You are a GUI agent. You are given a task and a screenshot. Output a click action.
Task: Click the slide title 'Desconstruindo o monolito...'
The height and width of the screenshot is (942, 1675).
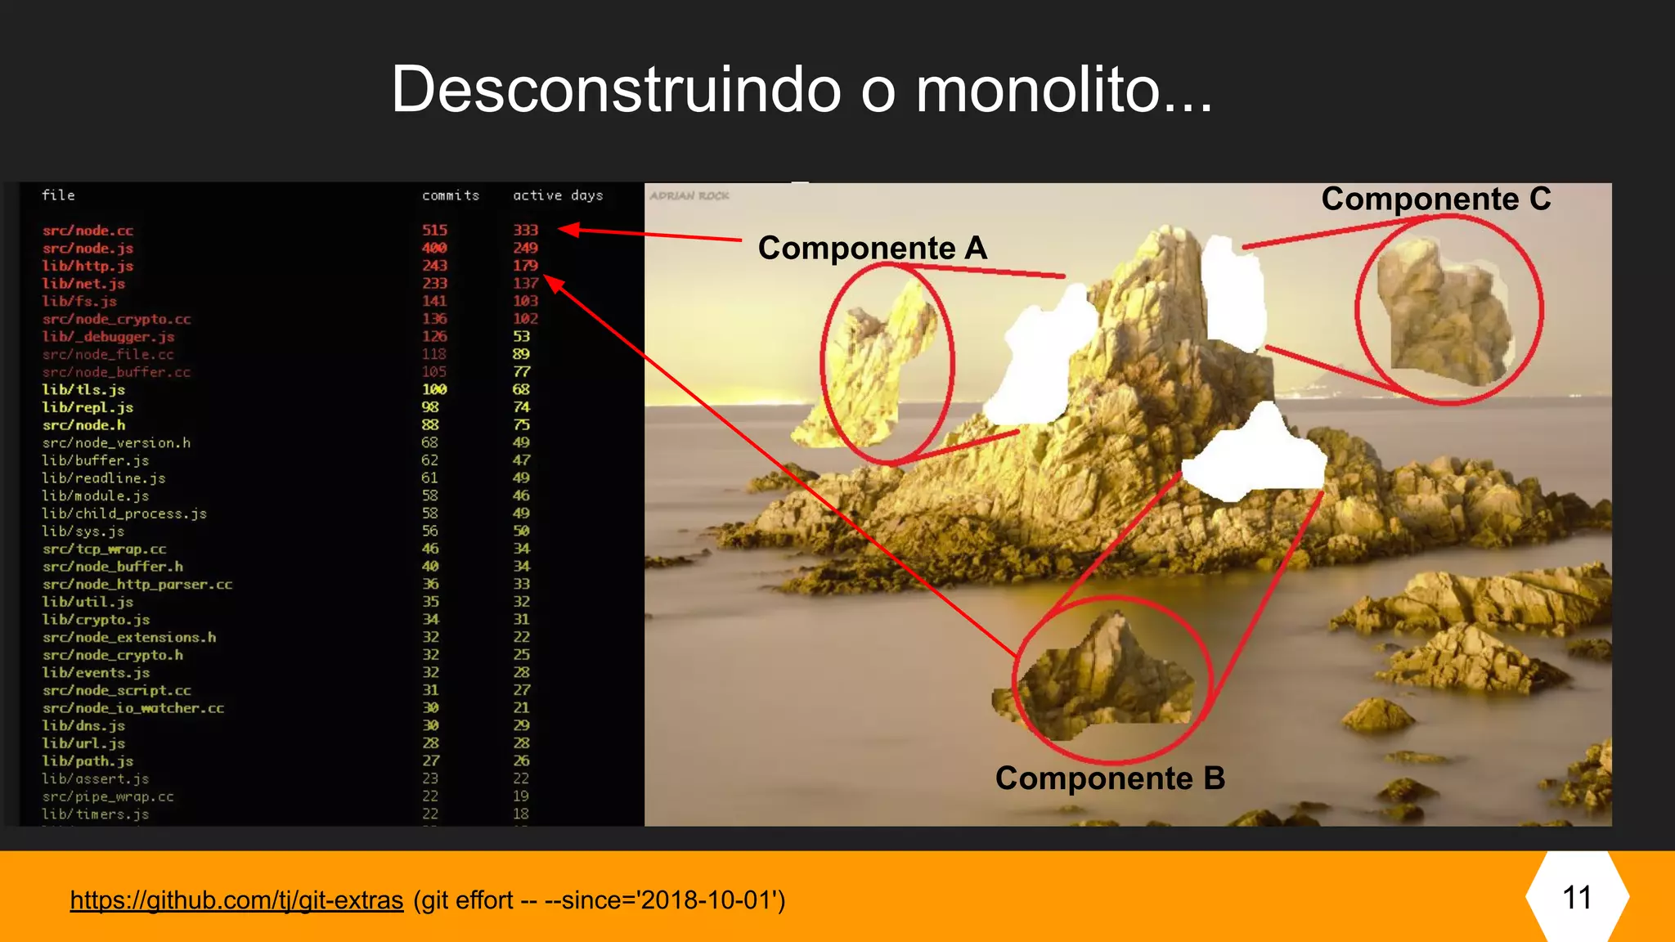point(802,90)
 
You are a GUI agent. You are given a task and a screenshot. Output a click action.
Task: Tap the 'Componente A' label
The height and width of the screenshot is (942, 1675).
point(872,248)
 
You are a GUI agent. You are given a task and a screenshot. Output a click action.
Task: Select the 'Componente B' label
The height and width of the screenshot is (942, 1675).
point(1110,778)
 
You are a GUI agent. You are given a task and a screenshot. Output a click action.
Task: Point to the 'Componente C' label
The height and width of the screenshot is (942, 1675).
point(1435,199)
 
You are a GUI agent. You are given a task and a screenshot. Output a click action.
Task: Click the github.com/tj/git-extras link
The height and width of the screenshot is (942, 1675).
point(236,900)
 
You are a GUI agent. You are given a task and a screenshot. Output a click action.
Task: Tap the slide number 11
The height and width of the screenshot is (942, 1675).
point(1577,898)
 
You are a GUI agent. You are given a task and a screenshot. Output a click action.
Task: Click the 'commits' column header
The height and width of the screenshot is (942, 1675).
point(451,195)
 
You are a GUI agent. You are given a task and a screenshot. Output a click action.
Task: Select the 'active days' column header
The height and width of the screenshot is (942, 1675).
point(558,195)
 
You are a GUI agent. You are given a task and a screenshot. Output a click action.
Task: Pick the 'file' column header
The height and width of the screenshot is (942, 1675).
point(58,195)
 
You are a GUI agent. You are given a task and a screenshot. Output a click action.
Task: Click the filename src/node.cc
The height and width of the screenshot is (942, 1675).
point(88,231)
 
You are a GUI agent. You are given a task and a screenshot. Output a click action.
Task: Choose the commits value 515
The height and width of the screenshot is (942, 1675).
point(434,231)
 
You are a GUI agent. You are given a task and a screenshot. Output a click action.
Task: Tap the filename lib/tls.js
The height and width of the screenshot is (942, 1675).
point(83,390)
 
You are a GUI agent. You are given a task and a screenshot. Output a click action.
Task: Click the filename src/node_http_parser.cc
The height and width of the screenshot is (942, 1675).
point(137,585)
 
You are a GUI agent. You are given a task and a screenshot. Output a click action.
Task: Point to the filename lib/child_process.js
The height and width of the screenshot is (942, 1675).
point(124,514)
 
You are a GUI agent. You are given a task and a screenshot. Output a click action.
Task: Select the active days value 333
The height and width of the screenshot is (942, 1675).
point(525,231)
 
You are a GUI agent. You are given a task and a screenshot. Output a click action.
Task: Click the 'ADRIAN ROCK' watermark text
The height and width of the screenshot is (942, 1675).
point(689,196)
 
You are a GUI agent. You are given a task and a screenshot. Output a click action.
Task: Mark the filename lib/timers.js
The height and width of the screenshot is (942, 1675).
point(96,814)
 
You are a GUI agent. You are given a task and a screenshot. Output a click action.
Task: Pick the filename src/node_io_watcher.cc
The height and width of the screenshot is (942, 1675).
point(133,708)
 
